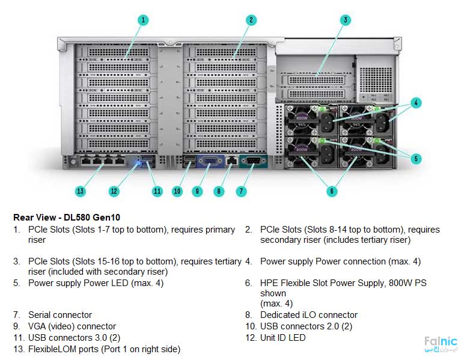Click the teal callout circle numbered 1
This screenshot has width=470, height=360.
click(x=142, y=20)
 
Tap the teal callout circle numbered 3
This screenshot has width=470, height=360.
click(x=345, y=20)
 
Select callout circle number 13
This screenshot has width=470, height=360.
click(x=81, y=191)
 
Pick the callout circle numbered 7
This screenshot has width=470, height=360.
click(x=241, y=191)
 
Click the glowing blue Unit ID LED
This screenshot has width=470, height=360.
click(x=139, y=161)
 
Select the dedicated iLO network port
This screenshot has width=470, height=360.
click(x=231, y=160)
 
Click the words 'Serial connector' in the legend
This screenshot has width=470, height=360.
click(x=60, y=315)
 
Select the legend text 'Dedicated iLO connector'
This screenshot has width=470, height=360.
click(x=308, y=315)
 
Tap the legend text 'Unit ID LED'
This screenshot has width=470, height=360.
click(x=282, y=338)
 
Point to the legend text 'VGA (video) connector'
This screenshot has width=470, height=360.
click(x=72, y=326)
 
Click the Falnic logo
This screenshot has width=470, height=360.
click(x=440, y=344)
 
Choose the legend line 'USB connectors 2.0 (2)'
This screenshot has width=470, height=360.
click(x=306, y=326)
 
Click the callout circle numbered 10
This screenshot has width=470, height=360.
click(x=177, y=191)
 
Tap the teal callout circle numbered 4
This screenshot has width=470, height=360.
click(x=417, y=102)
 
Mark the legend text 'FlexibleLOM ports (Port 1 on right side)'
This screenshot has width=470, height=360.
click(x=104, y=349)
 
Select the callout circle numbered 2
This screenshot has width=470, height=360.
click(x=251, y=20)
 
